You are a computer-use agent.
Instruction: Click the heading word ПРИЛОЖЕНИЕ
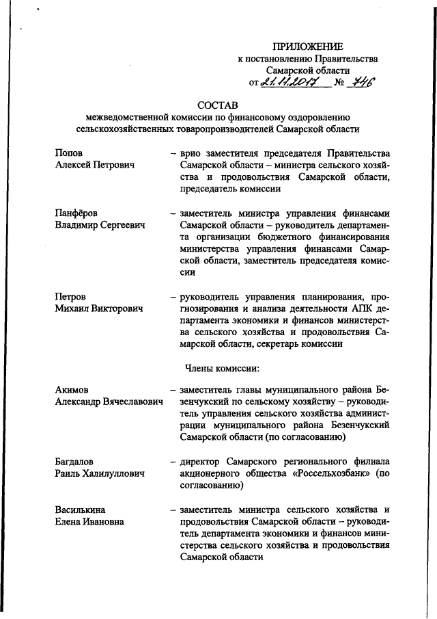[x=307, y=47]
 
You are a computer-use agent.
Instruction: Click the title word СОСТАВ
[x=218, y=106]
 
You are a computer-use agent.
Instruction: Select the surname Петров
[x=71, y=296]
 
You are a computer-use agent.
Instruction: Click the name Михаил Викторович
[x=99, y=309]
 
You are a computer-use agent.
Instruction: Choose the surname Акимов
[x=74, y=390]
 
